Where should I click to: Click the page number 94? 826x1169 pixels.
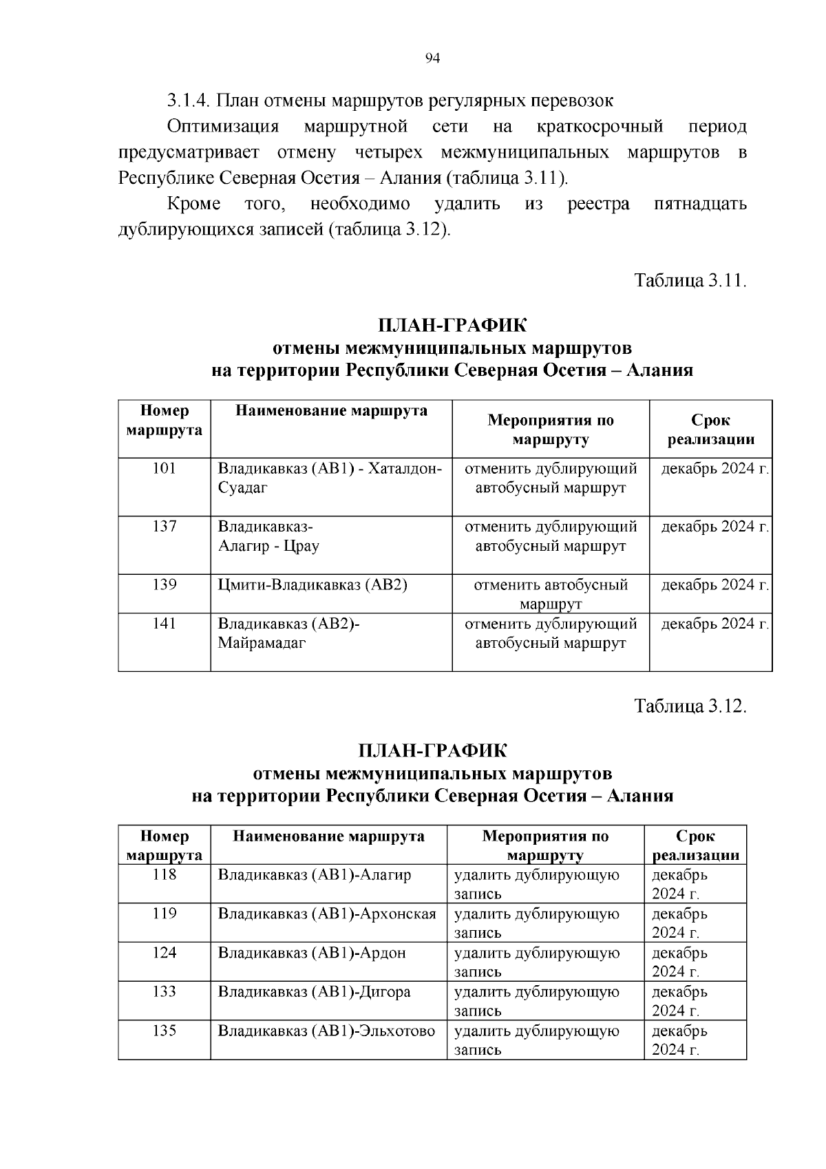(x=433, y=59)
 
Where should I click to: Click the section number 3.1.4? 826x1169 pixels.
(x=189, y=101)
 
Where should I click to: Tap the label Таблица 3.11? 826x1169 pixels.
(x=690, y=281)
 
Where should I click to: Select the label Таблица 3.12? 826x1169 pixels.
(x=690, y=706)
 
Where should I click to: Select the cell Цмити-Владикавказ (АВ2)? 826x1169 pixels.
(x=313, y=585)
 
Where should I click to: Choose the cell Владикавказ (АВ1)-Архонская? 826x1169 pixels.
(x=327, y=914)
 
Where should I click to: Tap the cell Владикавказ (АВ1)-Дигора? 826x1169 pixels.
(x=315, y=992)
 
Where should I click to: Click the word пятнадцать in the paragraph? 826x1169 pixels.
(x=700, y=204)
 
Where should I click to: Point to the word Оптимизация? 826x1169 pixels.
(x=223, y=127)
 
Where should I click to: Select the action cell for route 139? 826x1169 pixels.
(x=551, y=593)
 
